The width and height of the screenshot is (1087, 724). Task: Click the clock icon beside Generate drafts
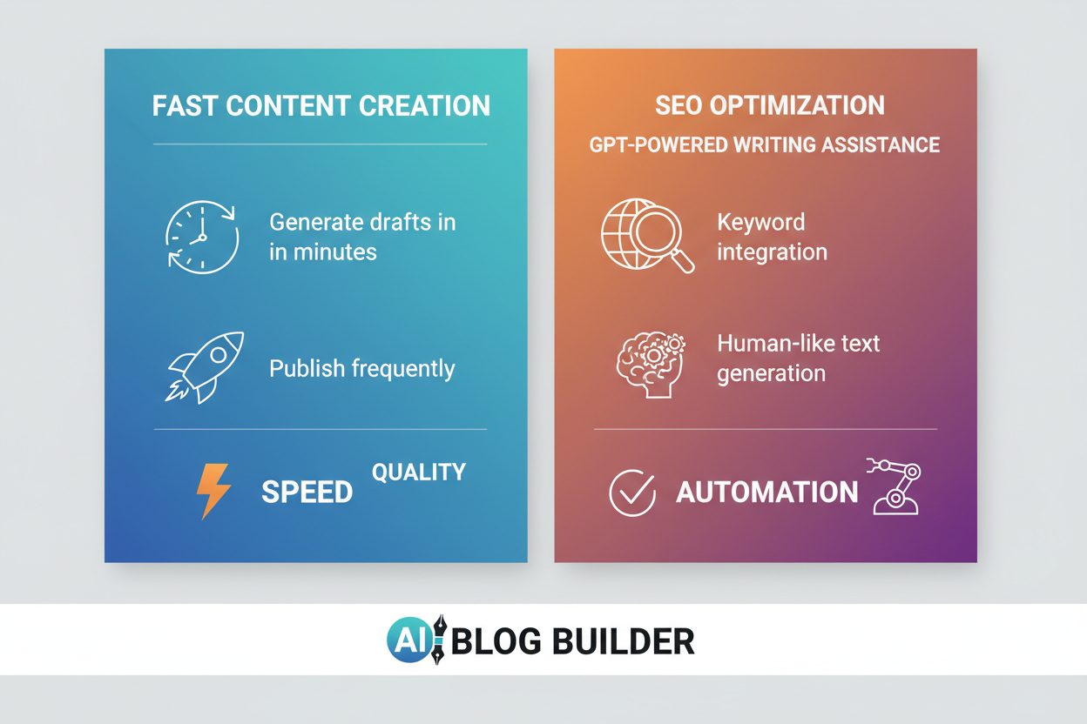pyautogui.click(x=202, y=237)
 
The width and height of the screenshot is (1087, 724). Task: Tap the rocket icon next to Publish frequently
pyautogui.click(x=205, y=366)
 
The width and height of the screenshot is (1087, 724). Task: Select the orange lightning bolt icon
pyautogui.click(x=213, y=491)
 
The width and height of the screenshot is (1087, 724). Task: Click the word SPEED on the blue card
pyautogui.click(x=307, y=492)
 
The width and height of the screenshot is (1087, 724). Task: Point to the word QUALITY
pyautogui.click(x=418, y=473)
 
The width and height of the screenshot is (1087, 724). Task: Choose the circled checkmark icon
pyautogui.click(x=631, y=493)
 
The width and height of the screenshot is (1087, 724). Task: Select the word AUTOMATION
pyautogui.click(x=766, y=493)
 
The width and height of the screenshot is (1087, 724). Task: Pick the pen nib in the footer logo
pyautogui.click(x=438, y=640)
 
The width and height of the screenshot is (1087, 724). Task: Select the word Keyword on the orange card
pyautogui.click(x=760, y=222)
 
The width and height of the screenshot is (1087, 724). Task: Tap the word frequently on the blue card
pyautogui.click(x=403, y=369)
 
